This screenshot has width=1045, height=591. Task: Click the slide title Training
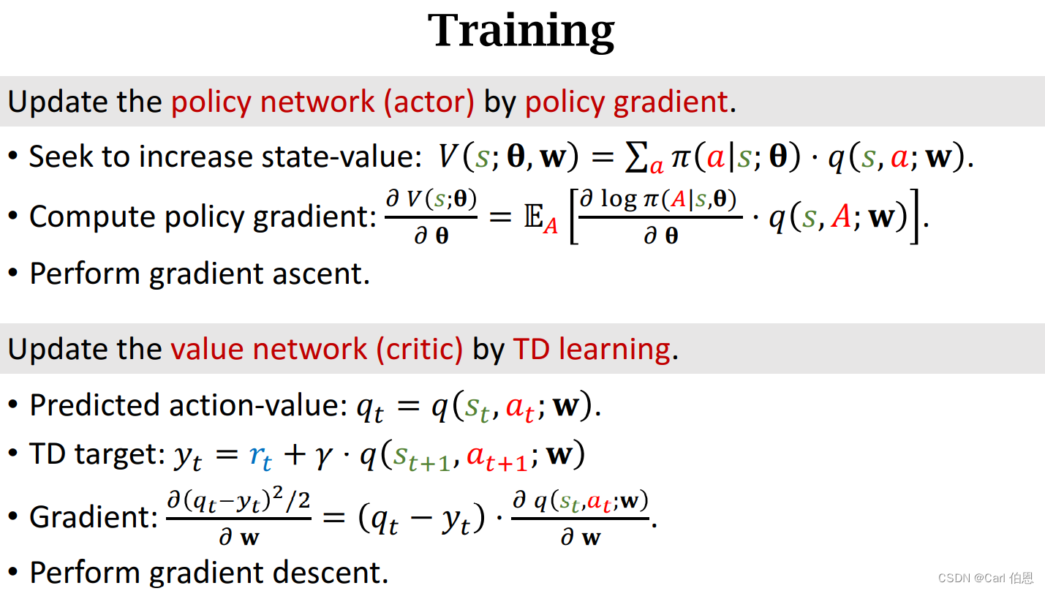click(x=521, y=31)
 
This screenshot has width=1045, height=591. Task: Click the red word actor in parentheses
click(x=429, y=102)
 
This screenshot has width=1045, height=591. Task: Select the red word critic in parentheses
click(x=420, y=350)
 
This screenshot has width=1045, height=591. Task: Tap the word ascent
click(x=321, y=274)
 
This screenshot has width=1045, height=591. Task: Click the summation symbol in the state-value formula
click(x=636, y=157)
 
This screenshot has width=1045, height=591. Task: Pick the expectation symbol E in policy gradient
click(x=534, y=217)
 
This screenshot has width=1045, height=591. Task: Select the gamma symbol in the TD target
click(x=324, y=456)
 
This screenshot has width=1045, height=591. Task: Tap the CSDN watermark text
click(x=985, y=579)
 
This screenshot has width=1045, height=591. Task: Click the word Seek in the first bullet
click(x=61, y=157)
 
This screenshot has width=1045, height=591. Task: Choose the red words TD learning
click(x=592, y=350)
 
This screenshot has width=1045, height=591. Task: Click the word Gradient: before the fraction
click(x=94, y=517)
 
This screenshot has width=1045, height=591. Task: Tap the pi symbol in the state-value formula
click(x=681, y=158)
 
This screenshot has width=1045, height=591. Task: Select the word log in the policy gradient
click(x=619, y=200)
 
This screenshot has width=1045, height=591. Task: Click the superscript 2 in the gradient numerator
click(x=278, y=492)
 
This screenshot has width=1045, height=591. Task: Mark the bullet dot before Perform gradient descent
click(x=13, y=572)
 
